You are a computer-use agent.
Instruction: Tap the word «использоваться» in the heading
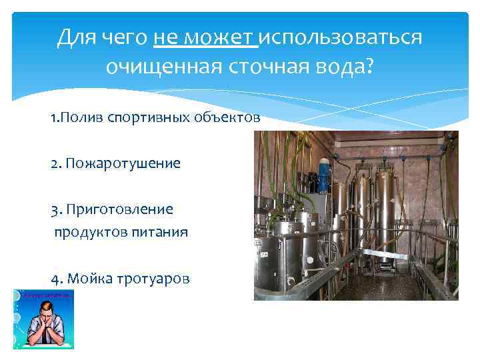[340, 38]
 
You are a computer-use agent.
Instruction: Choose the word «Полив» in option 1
[79, 118]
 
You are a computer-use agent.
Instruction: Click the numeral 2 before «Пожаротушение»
[53, 163]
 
